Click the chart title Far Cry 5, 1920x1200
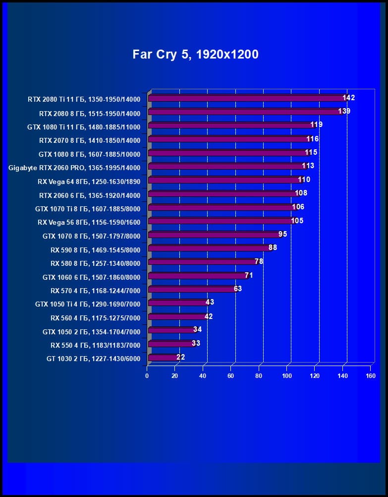195,54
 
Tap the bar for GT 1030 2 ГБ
163,358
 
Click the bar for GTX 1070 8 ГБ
214,235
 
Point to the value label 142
349,98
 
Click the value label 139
344,111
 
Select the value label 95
283,234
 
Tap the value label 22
180,357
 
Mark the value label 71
249,275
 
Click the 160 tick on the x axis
371,376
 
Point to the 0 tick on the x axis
147,376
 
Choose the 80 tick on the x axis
259,376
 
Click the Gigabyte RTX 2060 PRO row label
74,168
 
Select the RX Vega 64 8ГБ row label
89,182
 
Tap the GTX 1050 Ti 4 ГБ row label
88,304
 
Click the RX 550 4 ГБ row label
95,345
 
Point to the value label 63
238,289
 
